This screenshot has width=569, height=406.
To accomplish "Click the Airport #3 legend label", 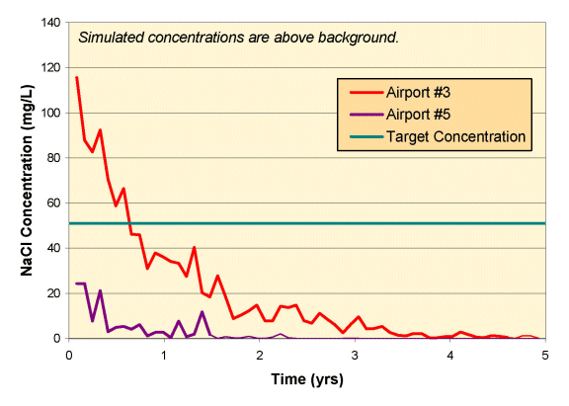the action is [418, 93].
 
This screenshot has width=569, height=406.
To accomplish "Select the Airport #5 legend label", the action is [418, 115].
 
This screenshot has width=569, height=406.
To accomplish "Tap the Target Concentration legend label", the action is [455, 136].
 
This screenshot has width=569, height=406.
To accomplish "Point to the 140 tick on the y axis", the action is [51, 23].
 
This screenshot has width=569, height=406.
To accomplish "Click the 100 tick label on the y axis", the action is [51, 113].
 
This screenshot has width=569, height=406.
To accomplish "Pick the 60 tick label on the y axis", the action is [54, 203].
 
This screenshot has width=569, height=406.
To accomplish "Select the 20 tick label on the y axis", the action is [54, 293].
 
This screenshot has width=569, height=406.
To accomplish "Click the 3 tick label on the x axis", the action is [355, 356].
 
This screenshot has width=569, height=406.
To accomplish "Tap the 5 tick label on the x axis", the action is [545, 356].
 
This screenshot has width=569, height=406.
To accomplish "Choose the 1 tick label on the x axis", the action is [164, 356].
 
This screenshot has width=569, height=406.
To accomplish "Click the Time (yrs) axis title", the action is [307, 379].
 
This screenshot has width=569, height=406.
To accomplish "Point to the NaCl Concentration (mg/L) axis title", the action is [27, 181].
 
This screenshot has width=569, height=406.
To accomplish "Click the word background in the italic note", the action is [358, 38].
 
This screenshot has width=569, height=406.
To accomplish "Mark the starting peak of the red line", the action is [77, 77].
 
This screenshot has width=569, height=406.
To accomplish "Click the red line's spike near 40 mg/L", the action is [195, 247].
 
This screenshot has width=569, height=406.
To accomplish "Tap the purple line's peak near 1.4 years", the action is [203, 312].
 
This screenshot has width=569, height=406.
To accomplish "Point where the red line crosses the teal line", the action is [128, 223].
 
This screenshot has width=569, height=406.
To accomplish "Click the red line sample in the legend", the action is [366, 93].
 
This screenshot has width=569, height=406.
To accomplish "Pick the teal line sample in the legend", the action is [366, 136].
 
